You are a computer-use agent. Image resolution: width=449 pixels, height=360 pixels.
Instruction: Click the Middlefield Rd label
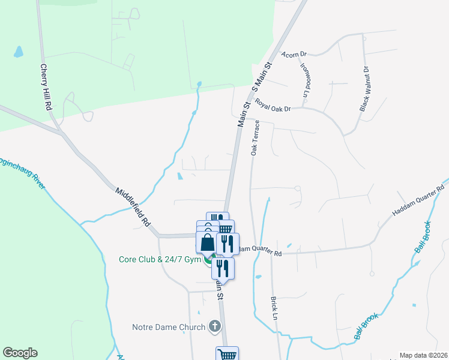tap(133, 206)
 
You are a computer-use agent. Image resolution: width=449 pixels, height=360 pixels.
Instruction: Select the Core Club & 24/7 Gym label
tap(157, 260)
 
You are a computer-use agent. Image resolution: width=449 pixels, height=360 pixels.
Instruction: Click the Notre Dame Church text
tap(169, 328)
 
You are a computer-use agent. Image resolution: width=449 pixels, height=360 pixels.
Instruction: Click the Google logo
tap(20, 353)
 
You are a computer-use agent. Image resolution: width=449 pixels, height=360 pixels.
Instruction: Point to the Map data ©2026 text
tap(423, 355)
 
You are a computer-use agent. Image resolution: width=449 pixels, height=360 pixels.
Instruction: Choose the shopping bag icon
tap(207, 242)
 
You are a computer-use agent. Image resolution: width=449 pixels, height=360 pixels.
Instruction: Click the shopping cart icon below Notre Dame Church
tap(228, 354)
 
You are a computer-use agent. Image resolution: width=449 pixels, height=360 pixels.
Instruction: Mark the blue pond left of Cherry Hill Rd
tap(18, 52)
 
